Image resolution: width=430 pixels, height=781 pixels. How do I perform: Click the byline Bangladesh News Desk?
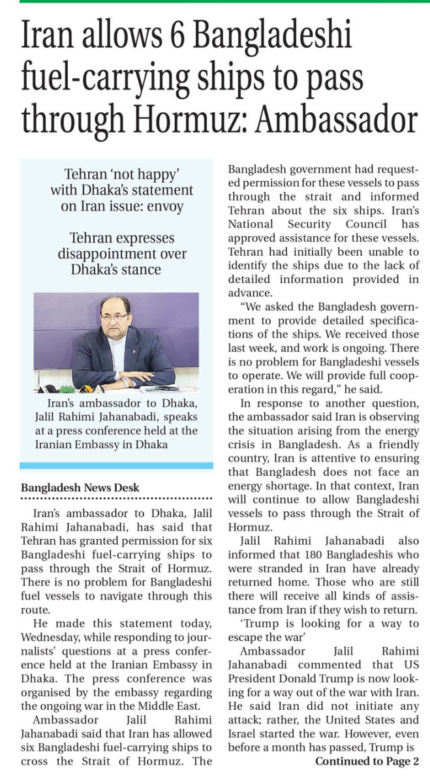tap(80, 487)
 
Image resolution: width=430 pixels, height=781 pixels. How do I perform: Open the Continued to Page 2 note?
tap(367, 762)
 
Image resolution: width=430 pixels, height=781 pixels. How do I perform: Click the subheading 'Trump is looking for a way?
tap(328, 624)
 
